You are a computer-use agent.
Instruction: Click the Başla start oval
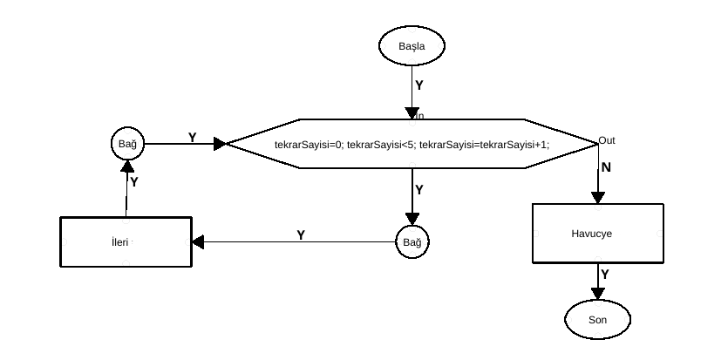pyautogui.click(x=412, y=45)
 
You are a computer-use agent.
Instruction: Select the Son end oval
pyautogui.click(x=597, y=320)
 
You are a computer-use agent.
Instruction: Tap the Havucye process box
pyautogui.click(x=598, y=234)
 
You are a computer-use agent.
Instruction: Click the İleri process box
pyautogui.click(x=126, y=241)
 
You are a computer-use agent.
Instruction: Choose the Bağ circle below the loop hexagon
pyautogui.click(x=412, y=241)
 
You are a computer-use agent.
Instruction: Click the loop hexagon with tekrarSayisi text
pyautogui.click(x=412, y=143)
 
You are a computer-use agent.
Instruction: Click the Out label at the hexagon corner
pyautogui.click(x=607, y=140)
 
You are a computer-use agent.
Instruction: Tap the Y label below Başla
pyautogui.click(x=419, y=85)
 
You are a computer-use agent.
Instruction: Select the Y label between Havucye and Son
pyautogui.click(x=605, y=275)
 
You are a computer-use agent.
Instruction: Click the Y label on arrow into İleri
pyautogui.click(x=301, y=235)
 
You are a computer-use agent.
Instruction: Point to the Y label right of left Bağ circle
pyautogui.click(x=193, y=138)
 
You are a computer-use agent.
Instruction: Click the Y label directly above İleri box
pyautogui.click(x=134, y=181)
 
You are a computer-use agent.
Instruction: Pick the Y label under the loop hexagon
pyautogui.click(x=419, y=189)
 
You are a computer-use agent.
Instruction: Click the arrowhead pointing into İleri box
pyautogui.click(x=198, y=241)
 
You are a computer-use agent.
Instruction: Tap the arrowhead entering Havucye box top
pyautogui.click(x=598, y=198)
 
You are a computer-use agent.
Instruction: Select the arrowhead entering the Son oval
pyautogui.click(x=598, y=295)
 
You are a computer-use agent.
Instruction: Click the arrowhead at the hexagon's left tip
pyautogui.click(x=220, y=143)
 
